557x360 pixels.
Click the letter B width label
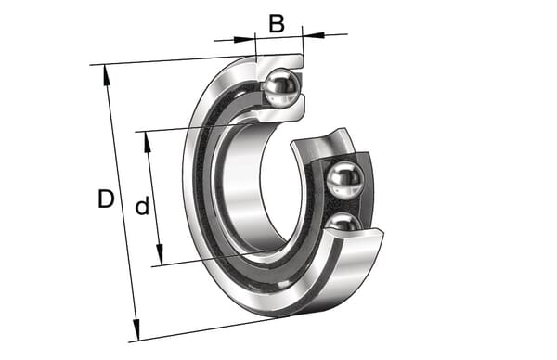277,24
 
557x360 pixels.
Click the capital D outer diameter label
106,199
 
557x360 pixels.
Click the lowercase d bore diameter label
142,206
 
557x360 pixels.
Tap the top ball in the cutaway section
283,87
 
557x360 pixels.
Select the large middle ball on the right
345,180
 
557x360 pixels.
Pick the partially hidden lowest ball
343,223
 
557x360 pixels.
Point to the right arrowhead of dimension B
314,34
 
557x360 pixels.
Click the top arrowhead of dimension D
106,75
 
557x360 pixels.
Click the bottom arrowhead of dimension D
136,330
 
